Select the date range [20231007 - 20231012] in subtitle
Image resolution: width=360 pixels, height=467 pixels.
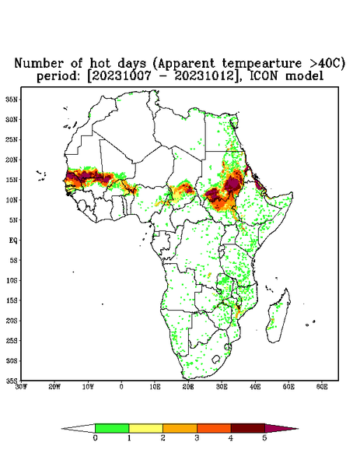pyautogui.click(x=163, y=76)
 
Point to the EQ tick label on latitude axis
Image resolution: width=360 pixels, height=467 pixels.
pyautogui.click(x=13, y=240)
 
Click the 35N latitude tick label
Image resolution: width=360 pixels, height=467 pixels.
pyautogui.click(x=12, y=99)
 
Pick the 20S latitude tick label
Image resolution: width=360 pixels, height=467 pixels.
pyautogui.click(x=12, y=321)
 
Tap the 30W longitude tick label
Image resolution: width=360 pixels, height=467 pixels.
pyautogui.click(x=21, y=387)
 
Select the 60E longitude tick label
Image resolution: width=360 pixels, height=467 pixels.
pyautogui.click(x=322, y=387)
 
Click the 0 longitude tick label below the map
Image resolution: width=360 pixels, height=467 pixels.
pyautogui.click(x=121, y=387)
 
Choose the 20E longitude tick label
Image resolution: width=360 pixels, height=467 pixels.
pyautogui.click(x=188, y=387)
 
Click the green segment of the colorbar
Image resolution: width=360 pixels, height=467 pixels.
pyautogui.click(x=112, y=428)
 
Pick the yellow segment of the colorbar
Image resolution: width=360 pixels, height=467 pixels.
pyautogui.click(x=145, y=428)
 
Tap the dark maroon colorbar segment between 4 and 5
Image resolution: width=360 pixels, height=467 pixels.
pyautogui.click(x=248, y=428)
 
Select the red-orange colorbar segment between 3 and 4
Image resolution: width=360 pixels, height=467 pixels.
pyautogui.click(x=214, y=428)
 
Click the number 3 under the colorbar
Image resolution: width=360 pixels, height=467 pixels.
pyautogui.click(x=197, y=438)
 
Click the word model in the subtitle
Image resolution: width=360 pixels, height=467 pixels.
pyautogui.click(x=304, y=76)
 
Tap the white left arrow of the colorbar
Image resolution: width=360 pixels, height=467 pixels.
pyautogui.click(x=79, y=428)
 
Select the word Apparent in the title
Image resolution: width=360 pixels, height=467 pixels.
pyautogui.click(x=185, y=64)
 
